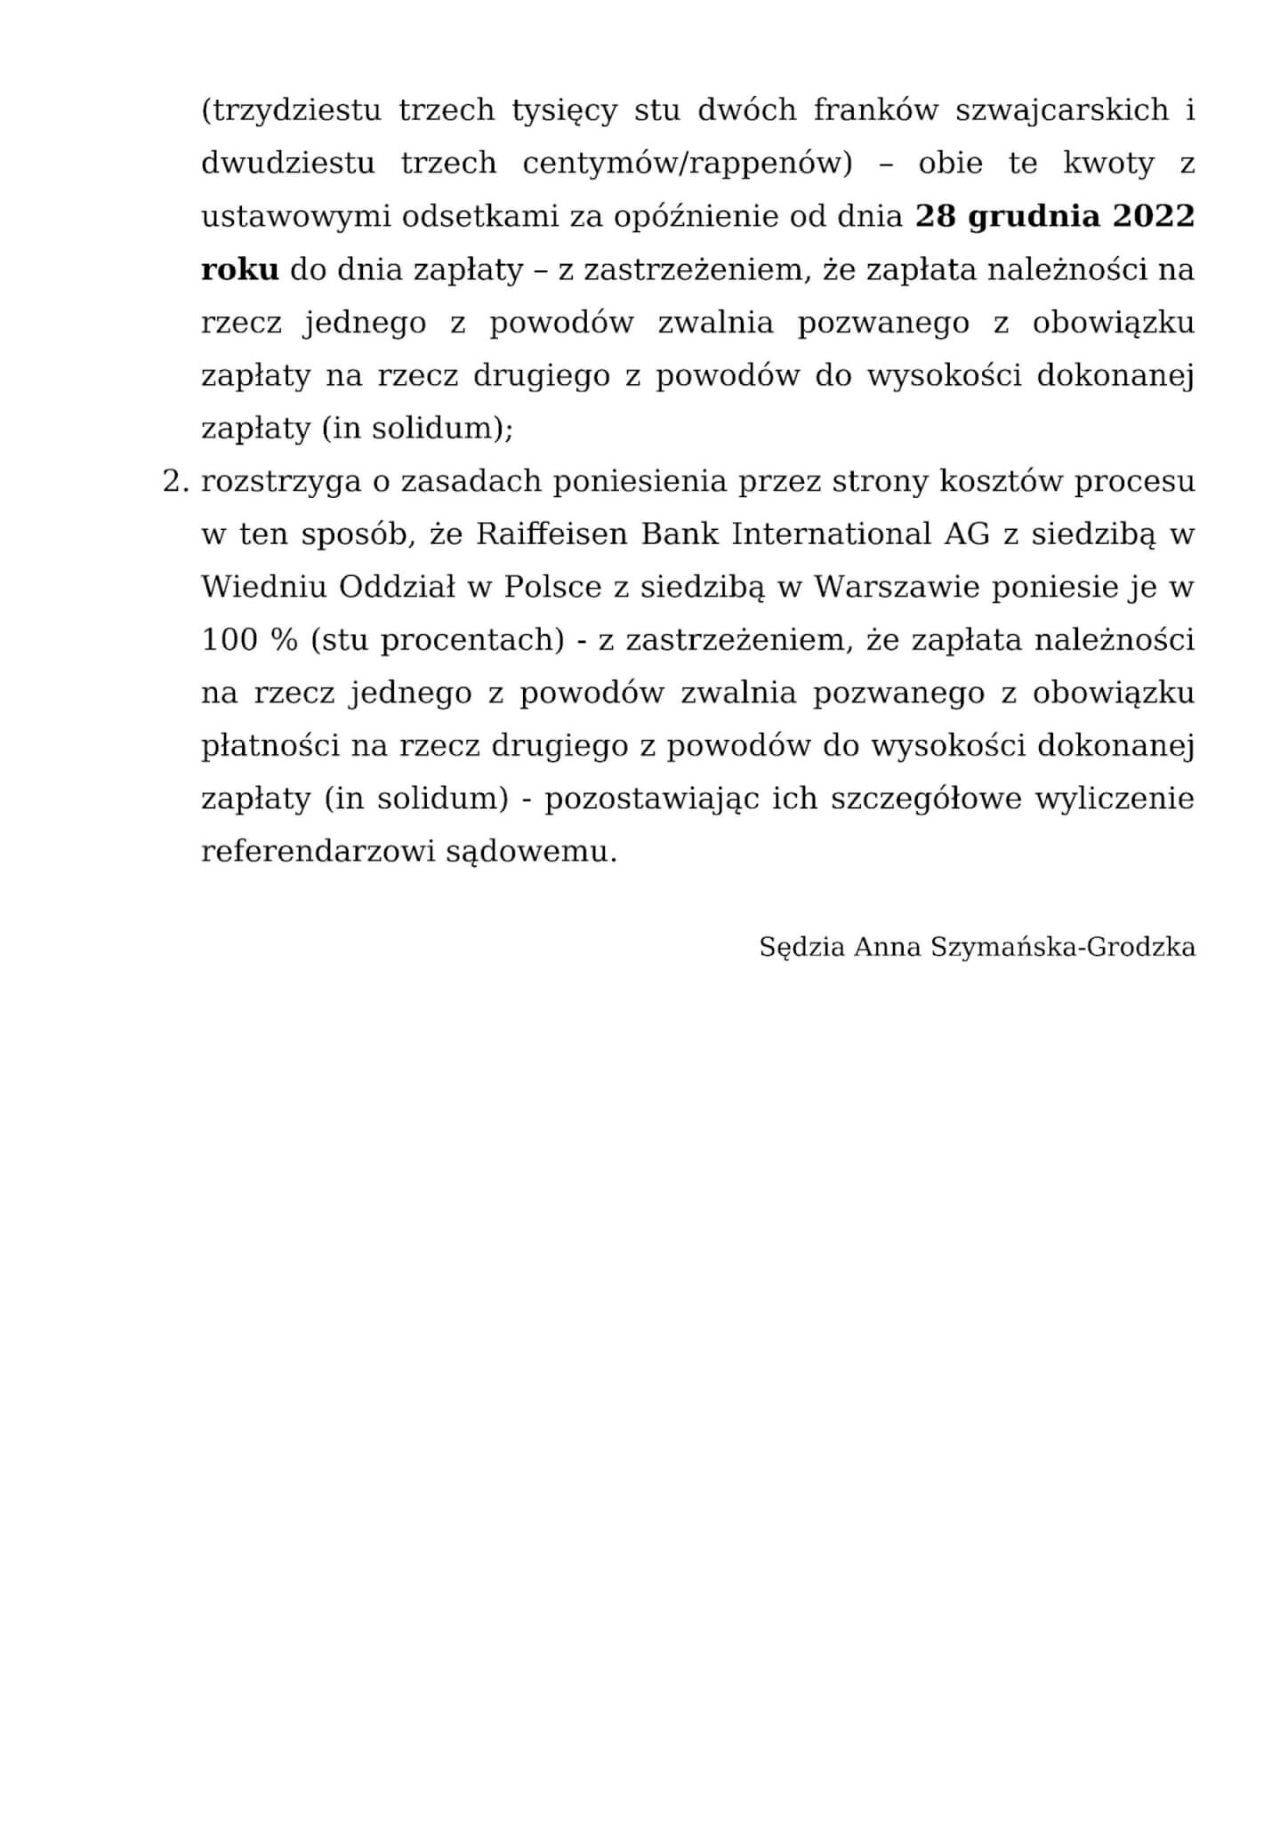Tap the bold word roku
click(240, 270)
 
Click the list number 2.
click(175, 481)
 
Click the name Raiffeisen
click(553, 534)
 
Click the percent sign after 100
click(284, 640)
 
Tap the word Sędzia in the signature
click(801, 948)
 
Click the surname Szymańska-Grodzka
click(1063, 948)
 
